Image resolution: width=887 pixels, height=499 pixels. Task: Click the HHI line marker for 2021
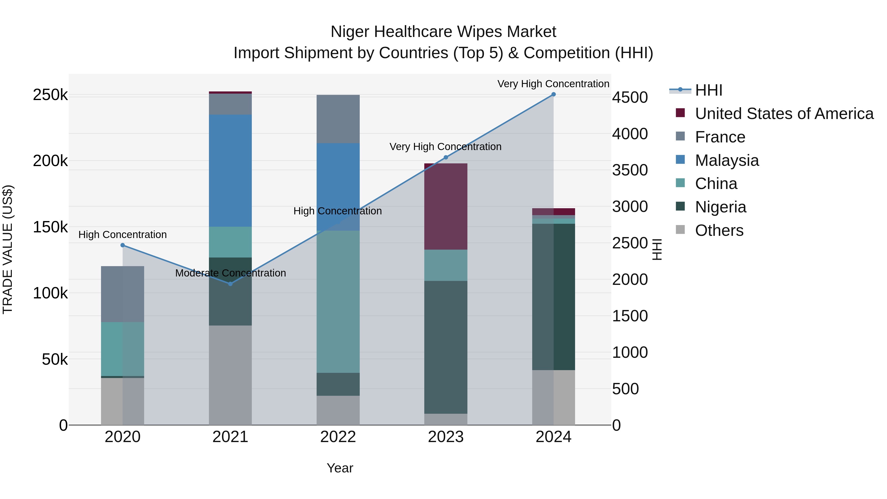(230, 284)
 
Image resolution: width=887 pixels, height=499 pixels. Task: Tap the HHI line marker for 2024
(553, 94)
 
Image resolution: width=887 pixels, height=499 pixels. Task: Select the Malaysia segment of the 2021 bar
(230, 171)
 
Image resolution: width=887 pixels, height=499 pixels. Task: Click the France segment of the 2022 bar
(338, 119)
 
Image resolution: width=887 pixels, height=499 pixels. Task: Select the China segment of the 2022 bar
(338, 301)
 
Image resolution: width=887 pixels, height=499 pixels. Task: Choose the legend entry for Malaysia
(727, 160)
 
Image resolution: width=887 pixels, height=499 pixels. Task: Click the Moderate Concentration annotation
(230, 273)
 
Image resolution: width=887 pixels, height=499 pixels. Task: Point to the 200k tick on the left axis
(50, 161)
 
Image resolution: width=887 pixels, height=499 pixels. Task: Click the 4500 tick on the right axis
(630, 97)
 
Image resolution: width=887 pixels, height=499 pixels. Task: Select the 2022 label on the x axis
(338, 437)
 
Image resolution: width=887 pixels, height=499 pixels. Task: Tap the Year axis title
(340, 468)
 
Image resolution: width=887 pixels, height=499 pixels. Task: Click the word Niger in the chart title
(350, 32)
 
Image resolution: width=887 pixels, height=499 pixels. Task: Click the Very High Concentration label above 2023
(445, 147)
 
